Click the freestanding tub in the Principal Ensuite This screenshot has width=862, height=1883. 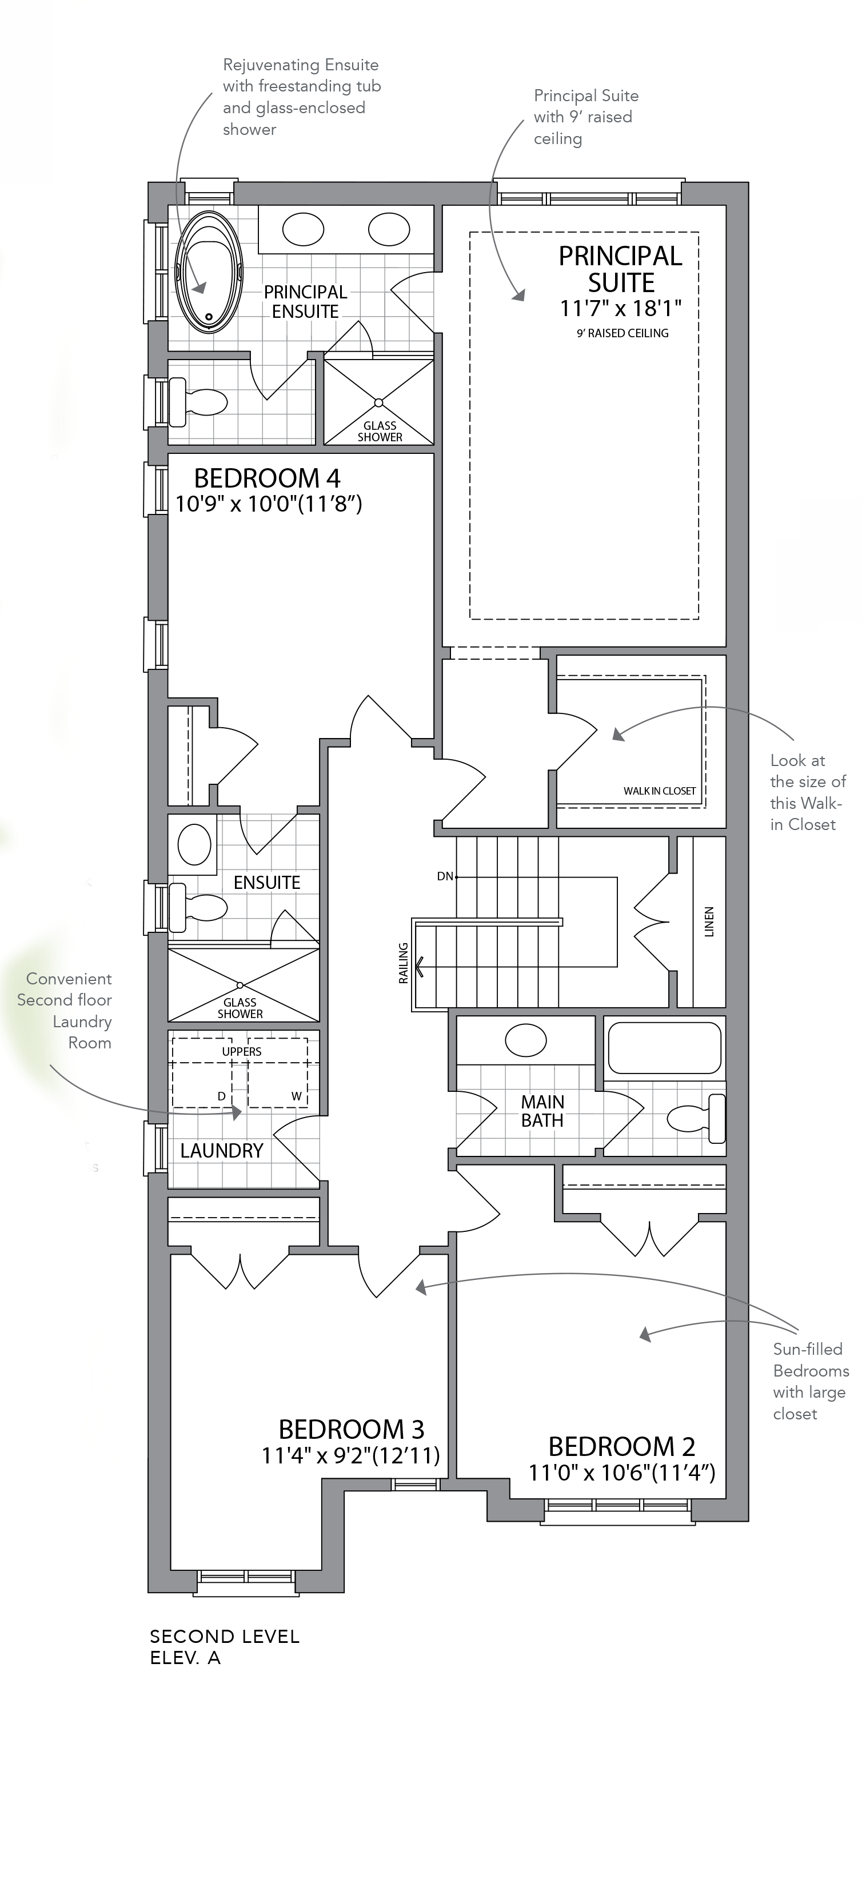[209, 272]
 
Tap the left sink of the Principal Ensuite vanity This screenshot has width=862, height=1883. [303, 230]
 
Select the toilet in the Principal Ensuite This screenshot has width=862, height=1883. [197, 401]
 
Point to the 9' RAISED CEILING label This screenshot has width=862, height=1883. [622, 333]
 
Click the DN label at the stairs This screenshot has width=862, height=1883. [445, 876]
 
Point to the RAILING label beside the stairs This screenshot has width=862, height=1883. [403, 963]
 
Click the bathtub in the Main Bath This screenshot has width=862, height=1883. [665, 1047]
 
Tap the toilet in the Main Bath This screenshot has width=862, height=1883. [696, 1118]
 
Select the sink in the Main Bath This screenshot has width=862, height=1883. [526, 1040]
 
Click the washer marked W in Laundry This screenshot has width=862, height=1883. [277, 1073]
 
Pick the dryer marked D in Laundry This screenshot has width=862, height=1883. [202, 1073]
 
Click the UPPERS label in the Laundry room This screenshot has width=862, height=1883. [241, 1051]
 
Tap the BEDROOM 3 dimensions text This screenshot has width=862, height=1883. [351, 1455]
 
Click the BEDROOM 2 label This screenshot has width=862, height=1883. [621, 1447]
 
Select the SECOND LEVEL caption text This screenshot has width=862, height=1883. [225, 1637]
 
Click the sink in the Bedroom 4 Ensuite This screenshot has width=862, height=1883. [194, 844]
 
